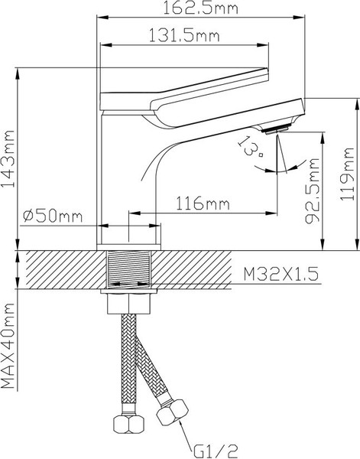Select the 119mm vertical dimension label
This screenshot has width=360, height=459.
coord(350,174)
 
